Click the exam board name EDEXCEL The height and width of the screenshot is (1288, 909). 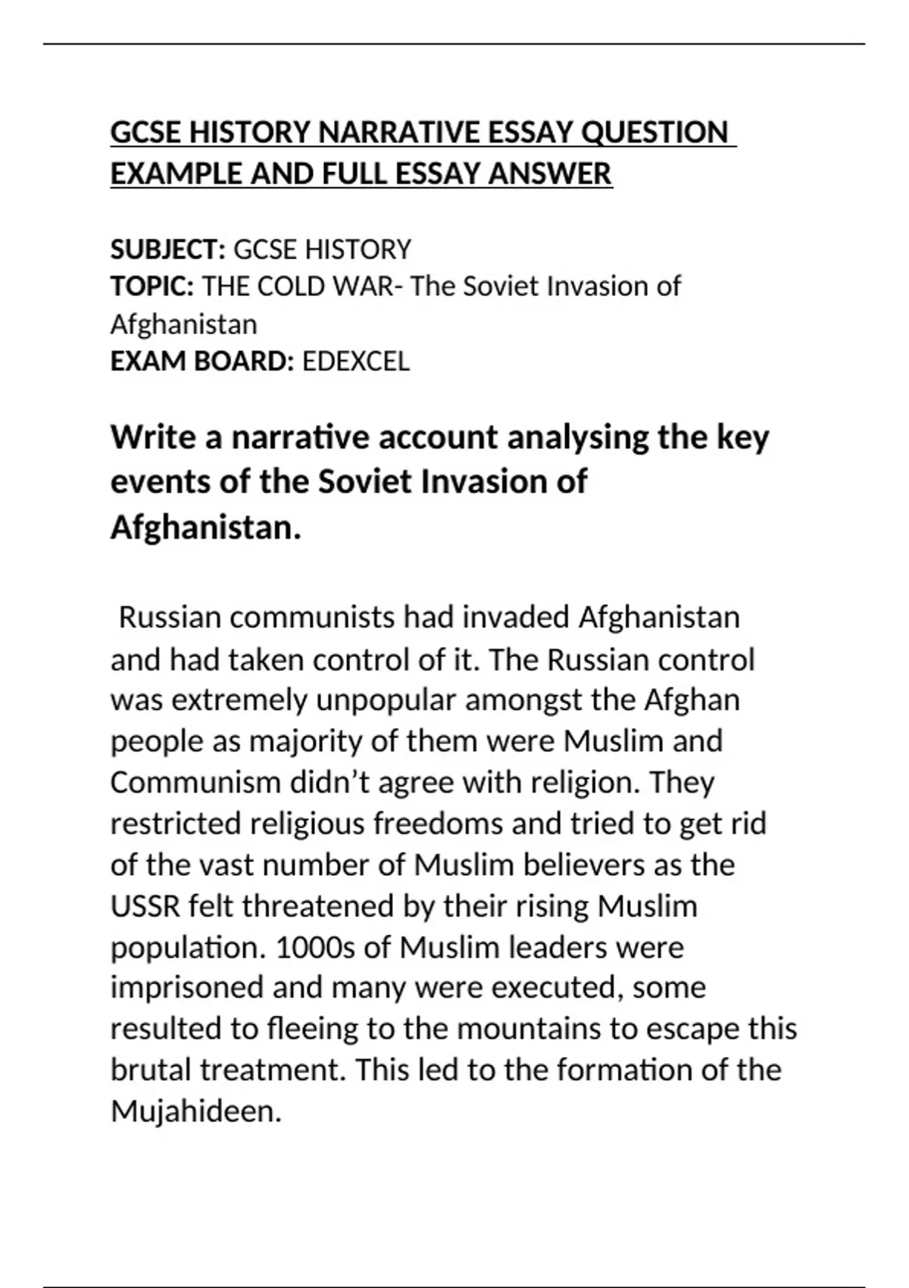[x=355, y=361]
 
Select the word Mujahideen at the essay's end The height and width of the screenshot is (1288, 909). [x=196, y=1111]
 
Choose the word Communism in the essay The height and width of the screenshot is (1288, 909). [x=195, y=782]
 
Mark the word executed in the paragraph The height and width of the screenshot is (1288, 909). [x=557, y=988]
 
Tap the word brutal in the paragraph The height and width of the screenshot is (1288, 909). [x=151, y=1070]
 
